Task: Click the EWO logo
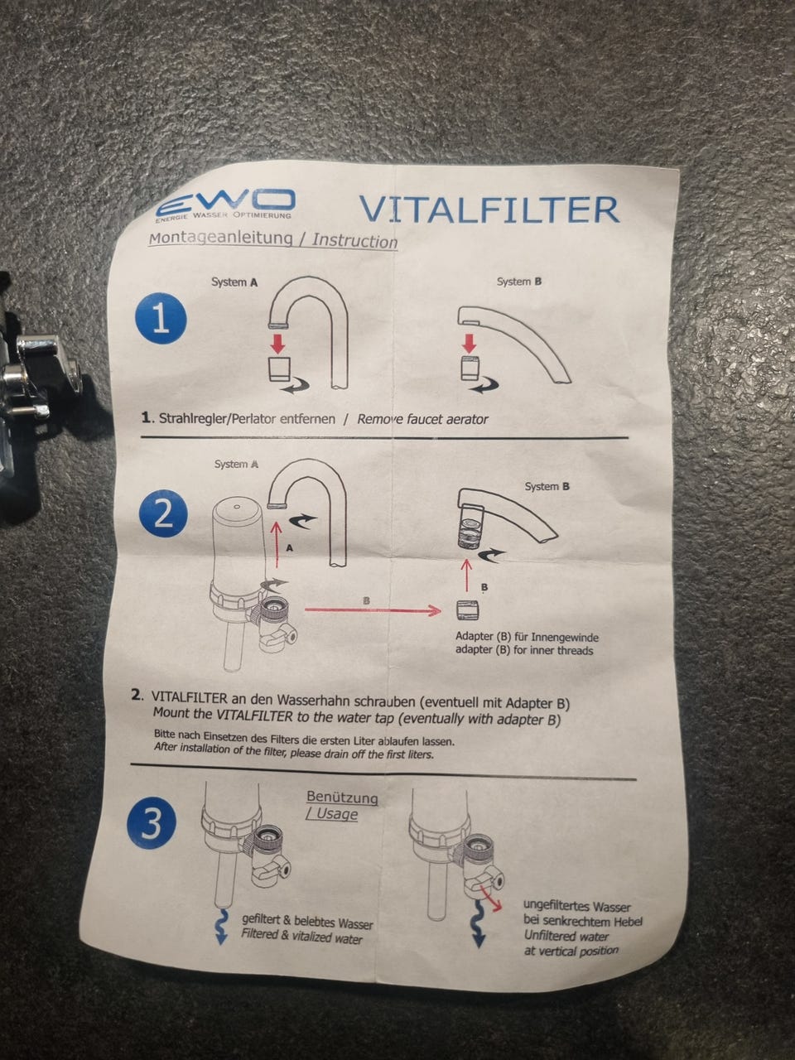225,205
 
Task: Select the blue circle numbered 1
161,318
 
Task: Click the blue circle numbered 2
164,515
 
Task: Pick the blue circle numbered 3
152,824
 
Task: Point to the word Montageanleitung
220,238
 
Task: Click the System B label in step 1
519,281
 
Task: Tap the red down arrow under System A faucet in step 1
278,343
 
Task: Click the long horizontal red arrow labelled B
373,611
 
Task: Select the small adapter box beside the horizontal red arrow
467,610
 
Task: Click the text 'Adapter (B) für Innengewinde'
527,637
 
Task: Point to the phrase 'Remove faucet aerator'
422,419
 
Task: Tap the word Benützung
342,797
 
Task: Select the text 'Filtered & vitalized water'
301,937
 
